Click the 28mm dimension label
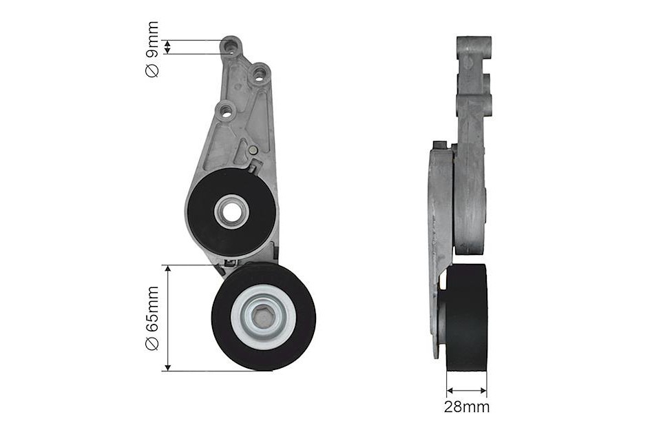point(467,407)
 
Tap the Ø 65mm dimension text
point(151,318)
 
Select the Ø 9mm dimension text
point(151,49)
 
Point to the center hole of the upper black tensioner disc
point(231,211)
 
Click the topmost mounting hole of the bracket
point(230,44)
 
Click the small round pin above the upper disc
point(253,150)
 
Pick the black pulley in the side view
point(466,318)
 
